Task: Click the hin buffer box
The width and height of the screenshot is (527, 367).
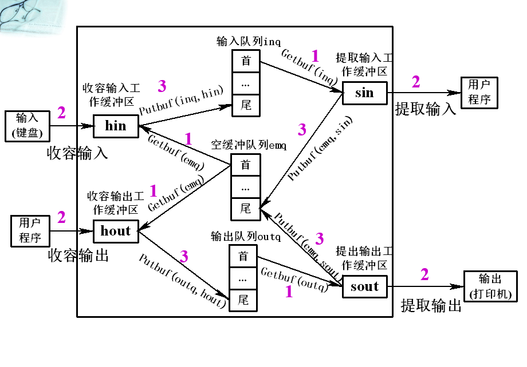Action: coord(116,126)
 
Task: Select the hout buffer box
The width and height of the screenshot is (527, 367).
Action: coord(116,231)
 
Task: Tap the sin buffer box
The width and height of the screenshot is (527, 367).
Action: coord(364,93)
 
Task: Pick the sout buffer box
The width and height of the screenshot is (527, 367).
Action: coord(364,286)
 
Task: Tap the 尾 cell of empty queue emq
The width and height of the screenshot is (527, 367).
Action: coord(246,209)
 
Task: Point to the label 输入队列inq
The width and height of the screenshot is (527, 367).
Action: coord(241,41)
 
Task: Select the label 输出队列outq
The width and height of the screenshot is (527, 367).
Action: coord(246,237)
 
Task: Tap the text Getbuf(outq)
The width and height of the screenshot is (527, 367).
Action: coord(294,280)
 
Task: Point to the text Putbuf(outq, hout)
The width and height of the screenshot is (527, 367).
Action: coord(182,280)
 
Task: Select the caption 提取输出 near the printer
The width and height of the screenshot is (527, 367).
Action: coord(431,306)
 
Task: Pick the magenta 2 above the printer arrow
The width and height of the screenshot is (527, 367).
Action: coord(424,275)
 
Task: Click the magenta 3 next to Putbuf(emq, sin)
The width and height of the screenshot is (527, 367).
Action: coord(302,130)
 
